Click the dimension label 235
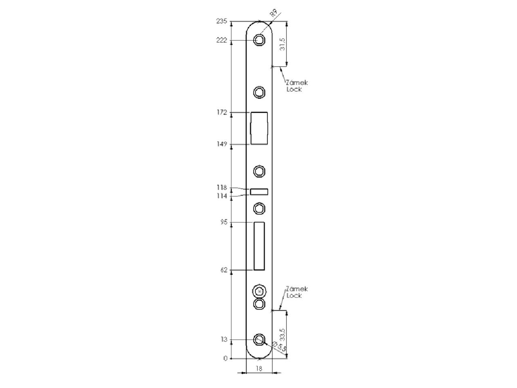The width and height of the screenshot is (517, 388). [222, 21]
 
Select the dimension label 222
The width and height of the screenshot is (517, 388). [222, 40]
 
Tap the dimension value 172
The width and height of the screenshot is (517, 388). [222, 112]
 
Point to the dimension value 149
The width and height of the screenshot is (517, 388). [222, 144]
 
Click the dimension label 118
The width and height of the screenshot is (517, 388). [222, 188]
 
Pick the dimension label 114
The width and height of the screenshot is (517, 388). [222, 196]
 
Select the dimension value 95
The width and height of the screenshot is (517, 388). [224, 222]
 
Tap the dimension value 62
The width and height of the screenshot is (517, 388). [224, 270]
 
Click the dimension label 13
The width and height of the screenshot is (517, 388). [224, 339]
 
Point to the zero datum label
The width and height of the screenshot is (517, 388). [225, 358]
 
